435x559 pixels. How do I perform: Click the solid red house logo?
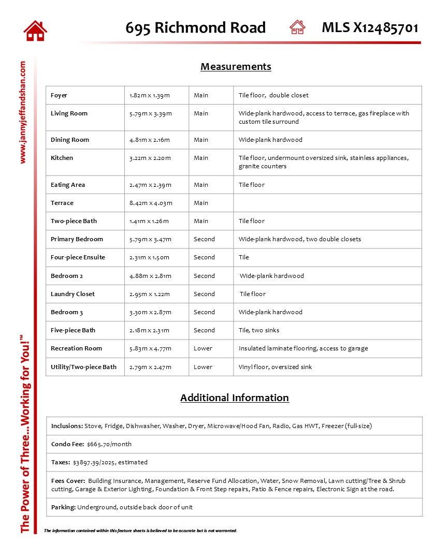click(x=35, y=31)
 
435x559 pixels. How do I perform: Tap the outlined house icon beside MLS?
click(x=297, y=27)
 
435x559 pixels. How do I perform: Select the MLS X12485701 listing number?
click(x=370, y=27)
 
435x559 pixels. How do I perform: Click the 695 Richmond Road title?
click(x=195, y=28)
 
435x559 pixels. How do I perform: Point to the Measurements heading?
click(x=236, y=67)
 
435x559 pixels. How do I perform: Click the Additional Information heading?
click(x=234, y=398)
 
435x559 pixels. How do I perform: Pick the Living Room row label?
click(x=69, y=113)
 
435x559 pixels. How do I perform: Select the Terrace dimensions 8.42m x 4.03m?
click(x=151, y=203)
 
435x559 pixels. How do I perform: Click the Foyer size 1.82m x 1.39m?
click(x=150, y=95)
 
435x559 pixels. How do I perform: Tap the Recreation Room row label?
click(x=76, y=348)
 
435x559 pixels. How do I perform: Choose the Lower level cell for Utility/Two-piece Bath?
click(x=203, y=367)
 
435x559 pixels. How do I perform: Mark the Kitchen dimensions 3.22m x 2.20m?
click(x=150, y=158)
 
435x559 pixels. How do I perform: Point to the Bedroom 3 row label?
click(x=67, y=312)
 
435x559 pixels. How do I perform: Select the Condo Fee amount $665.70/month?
click(x=109, y=444)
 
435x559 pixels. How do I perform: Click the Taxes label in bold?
click(x=61, y=462)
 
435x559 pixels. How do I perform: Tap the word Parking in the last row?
click(x=63, y=507)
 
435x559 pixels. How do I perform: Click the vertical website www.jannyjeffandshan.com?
click(x=23, y=112)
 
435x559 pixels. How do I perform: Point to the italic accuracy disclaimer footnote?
click(x=140, y=531)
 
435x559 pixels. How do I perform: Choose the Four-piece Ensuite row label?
click(x=78, y=257)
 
